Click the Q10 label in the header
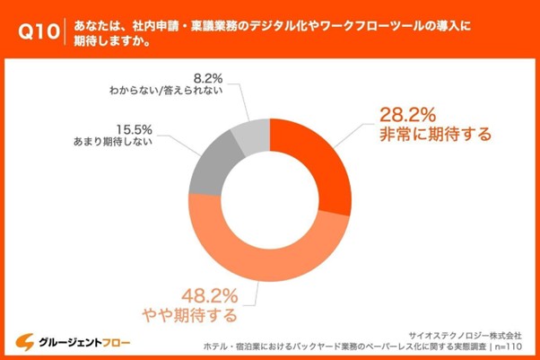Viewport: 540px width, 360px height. (x=38, y=31)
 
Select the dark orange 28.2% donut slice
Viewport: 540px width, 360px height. (x=314, y=162)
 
